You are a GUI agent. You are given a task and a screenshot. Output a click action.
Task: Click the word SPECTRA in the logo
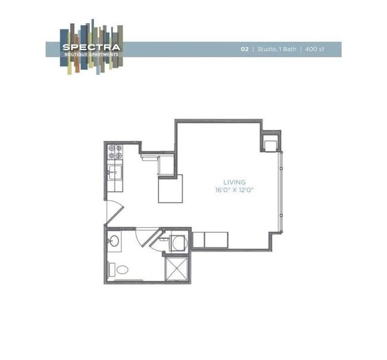coord(92,47)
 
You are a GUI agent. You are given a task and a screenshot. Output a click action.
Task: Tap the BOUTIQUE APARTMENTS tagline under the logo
coord(92,54)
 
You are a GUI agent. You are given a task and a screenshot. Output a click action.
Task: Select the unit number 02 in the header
coord(245,49)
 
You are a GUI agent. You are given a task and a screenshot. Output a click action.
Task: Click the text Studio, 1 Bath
coord(275,49)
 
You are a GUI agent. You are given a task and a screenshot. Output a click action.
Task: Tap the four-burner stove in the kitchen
coord(115,151)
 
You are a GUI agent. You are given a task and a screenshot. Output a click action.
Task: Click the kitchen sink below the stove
coord(115,173)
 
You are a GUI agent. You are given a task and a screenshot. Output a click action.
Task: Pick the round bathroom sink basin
coord(114,241)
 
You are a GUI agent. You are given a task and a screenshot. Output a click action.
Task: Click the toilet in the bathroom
coord(121,269)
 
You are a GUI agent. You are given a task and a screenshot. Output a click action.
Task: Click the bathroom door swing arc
coord(145,236)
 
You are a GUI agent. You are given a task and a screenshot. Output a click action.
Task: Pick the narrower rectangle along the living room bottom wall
coord(198,240)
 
